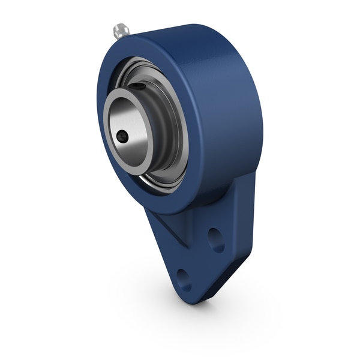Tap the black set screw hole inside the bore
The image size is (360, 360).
click(x=122, y=137)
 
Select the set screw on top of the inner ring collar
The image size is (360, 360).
click(x=139, y=88)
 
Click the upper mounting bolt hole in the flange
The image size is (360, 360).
click(x=215, y=239)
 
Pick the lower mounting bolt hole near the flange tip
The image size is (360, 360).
click(x=184, y=280)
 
